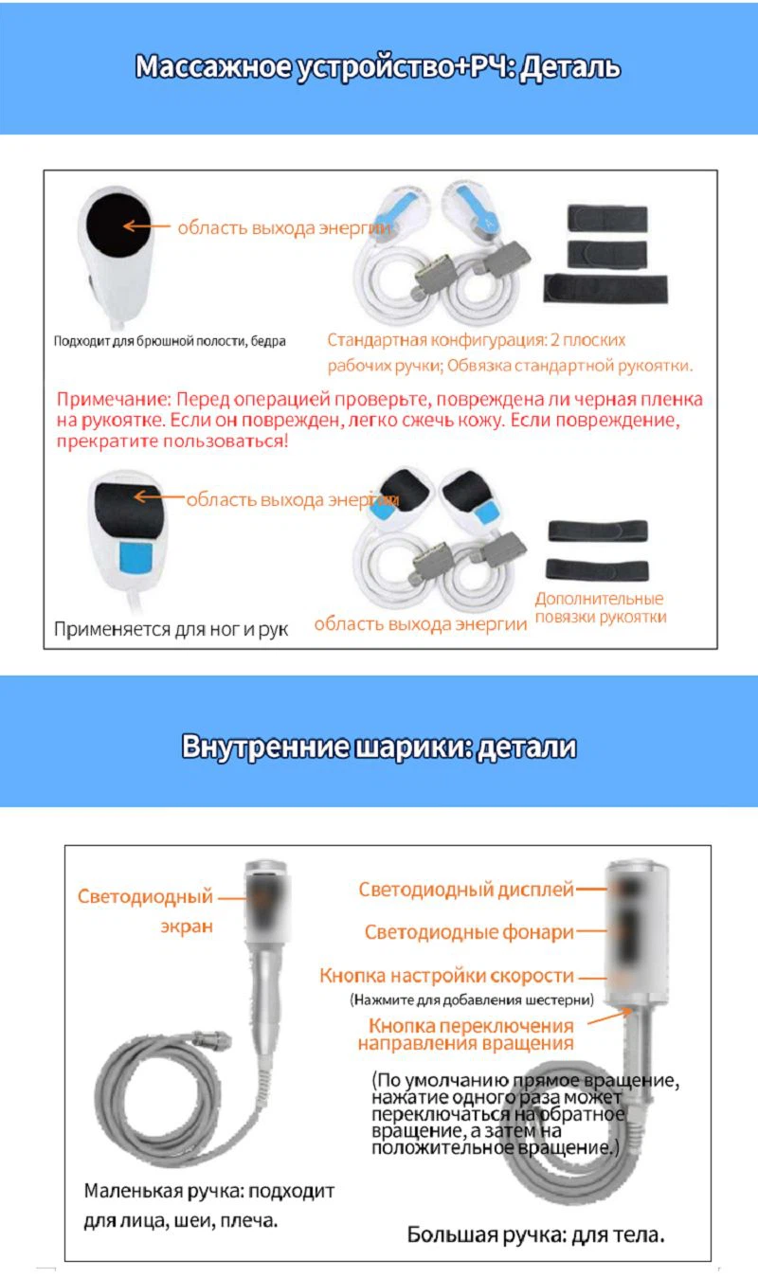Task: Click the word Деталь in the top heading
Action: click(x=571, y=67)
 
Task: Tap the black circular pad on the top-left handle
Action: click(x=118, y=225)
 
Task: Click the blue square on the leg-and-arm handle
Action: click(x=135, y=557)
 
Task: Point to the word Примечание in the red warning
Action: click(x=114, y=400)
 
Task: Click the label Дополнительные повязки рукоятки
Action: click(x=601, y=607)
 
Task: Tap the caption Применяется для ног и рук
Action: click(x=171, y=629)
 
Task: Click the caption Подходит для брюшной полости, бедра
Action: click(x=170, y=341)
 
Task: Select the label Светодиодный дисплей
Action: click(x=466, y=889)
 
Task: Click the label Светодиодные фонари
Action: click(x=469, y=931)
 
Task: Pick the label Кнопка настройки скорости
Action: click(x=446, y=975)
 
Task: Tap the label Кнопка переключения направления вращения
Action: click(x=466, y=1034)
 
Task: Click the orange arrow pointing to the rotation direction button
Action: click(x=609, y=1017)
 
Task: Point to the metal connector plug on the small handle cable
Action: click(x=213, y=1039)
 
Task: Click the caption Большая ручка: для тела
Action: click(x=536, y=1234)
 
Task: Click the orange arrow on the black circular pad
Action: click(x=146, y=225)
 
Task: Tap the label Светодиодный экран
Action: click(x=145, y=911)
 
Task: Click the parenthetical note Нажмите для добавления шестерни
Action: click(x=472, y=999)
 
